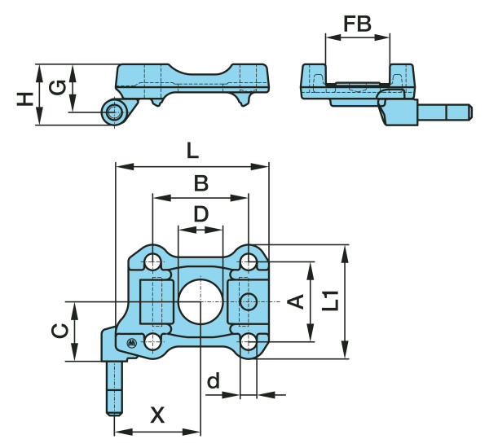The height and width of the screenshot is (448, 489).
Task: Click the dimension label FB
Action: coord(357,24)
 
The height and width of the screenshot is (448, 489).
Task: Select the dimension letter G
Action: coord(56,87)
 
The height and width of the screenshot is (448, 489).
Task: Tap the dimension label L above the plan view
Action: coord(192,150)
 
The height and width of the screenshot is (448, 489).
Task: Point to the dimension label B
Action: coord(200,184)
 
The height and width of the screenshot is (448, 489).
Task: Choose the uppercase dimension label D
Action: coord(200,215)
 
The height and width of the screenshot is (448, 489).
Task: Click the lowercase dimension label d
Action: coord(214,380)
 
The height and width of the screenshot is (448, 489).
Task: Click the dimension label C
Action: coord(59,331)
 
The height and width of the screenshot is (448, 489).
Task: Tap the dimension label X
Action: coord(157,415)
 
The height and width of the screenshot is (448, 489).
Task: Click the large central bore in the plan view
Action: coord(200,301)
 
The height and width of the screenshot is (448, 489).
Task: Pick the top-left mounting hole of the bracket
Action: coord(152,262)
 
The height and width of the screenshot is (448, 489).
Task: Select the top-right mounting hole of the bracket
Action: coord(249,262)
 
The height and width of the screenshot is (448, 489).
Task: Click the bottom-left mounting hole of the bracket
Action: coord(152,340)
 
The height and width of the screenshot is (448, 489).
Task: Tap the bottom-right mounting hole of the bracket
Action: coord(249,340)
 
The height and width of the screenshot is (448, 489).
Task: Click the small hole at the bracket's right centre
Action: coord(249,301)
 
